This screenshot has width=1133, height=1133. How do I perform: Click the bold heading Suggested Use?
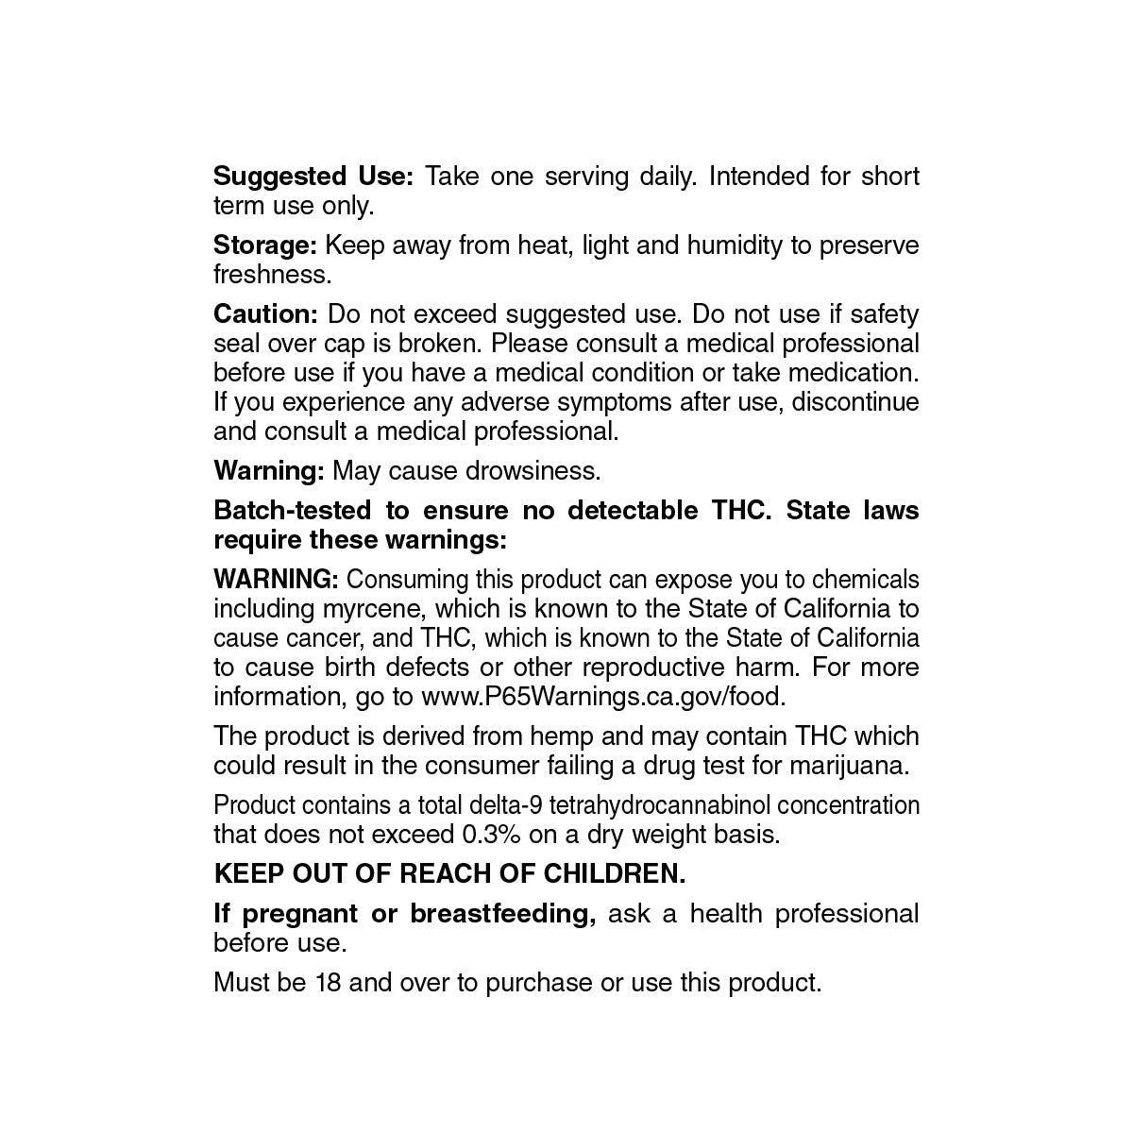(313, 177)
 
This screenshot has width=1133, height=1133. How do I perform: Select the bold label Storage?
(265, 245)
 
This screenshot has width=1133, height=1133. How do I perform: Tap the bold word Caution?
(266, 313)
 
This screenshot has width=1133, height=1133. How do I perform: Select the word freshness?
(273, 275)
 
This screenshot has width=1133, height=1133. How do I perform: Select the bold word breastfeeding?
(502, 914)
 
